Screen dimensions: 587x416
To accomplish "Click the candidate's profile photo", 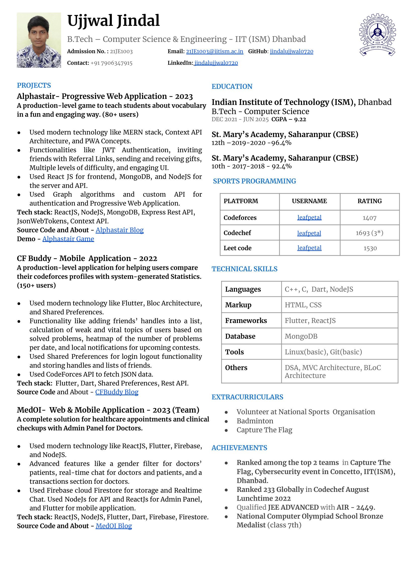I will click(x=39, y=40).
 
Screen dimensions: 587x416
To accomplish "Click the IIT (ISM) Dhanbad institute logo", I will click(x=377, y=35).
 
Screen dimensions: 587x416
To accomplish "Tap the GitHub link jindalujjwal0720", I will click(x=291, y=51).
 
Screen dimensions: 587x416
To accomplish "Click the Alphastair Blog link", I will click(x=120, y=230).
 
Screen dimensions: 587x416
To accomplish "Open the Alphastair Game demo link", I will click(x=68, y=239).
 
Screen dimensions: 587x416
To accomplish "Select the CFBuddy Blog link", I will click(x=117, y=392).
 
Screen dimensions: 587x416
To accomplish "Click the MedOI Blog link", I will click(x=114, y=526).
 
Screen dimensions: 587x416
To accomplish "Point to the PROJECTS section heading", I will click(x=34, y=86).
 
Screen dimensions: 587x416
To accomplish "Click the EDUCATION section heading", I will click(x=232, y=87).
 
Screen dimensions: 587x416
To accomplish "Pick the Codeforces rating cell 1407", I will click(x=369, y=218).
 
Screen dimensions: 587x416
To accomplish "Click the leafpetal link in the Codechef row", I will click(x=309, y=233).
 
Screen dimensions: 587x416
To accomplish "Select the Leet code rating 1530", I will click(x=370, y=248).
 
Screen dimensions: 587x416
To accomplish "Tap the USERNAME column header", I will click(x=309, y=201).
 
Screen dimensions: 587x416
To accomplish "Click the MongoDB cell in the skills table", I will click(x=301, y=336).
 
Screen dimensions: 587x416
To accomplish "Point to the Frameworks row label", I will click(x=246, y=321).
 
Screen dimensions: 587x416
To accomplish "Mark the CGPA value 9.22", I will click(x=300, y=119).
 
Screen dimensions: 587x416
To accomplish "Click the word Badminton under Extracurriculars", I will click(x=255, y=421).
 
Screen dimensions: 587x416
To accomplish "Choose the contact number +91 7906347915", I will click(x=112, y=63).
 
